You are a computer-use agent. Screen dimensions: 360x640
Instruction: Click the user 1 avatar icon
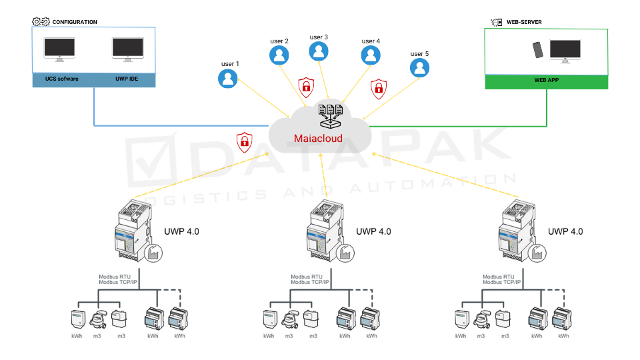click(x=228, y=79)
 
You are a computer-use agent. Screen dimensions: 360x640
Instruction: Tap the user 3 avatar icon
click(x=319, y=51)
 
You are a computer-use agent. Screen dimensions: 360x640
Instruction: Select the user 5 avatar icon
click(x=419, y=67)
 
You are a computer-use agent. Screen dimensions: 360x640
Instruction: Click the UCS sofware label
click(x=57, y=80)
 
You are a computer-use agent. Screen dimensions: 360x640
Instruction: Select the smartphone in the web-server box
click(x=537, y=50)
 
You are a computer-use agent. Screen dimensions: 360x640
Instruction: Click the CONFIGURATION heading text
click(x=75, y=22)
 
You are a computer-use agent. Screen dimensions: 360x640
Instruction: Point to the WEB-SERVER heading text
click(x=524, y=22)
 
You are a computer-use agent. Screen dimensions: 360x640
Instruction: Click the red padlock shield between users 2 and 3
click(x=306, y=85)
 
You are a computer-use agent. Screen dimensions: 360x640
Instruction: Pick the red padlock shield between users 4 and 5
click(x=379, y=87)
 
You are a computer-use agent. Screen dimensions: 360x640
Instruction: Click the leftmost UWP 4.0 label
click(x=181, y=231)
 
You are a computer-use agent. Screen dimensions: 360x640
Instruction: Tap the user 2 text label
click(x=279, y=41)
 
